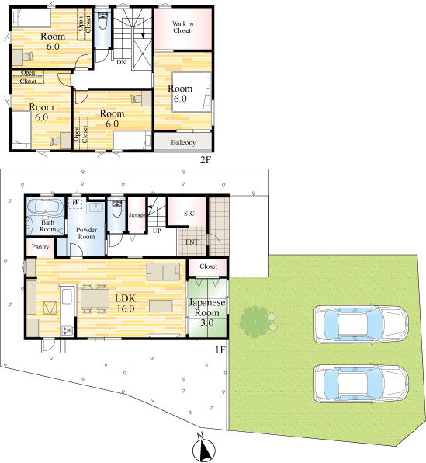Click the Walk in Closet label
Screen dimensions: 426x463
click(182, 27)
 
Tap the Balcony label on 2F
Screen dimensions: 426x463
click(183, 143)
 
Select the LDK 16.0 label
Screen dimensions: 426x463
click(126, 303)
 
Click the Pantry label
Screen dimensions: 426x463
click(40, 246)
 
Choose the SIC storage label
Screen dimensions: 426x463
click(189, 213)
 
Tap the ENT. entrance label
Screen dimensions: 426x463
click(192, 242)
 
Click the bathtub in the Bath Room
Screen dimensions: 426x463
click(45, 206)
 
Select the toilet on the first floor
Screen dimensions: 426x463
click(117, 207)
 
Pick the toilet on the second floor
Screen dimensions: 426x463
click(102, 21)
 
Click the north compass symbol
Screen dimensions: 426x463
click(203, 448)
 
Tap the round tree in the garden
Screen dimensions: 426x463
click(255, 322)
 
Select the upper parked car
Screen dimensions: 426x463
click(361, 324)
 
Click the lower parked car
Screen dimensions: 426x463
click(361, 384)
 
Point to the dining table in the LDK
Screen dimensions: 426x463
click(95, 298)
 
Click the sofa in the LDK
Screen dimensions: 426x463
click(163, 271)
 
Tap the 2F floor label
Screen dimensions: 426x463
click(206, 160)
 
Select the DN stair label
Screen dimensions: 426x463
click(121, 62)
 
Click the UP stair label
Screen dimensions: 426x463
click(157, 231)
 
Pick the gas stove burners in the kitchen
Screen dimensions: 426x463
click(67, 330)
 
